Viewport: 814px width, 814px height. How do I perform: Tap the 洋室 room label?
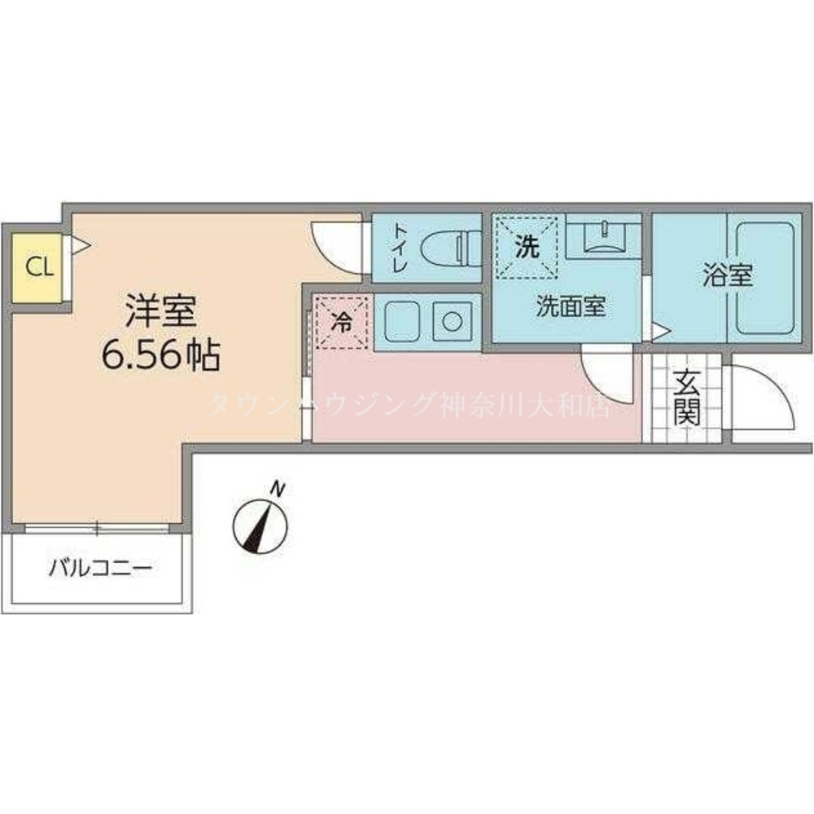[161, 311]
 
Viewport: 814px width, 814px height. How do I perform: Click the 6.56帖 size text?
[161, 355]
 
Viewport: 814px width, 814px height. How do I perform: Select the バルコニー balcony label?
[101, 568]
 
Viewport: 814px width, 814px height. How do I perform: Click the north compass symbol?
[260, 526]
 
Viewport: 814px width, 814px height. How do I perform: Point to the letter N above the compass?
[278, 489]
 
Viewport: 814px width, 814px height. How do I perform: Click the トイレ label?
[400, 247]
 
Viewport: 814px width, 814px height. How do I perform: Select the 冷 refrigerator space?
[342, 323]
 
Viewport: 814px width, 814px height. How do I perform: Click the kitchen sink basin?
[402, 322]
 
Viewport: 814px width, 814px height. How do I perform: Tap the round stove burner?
[453, 322]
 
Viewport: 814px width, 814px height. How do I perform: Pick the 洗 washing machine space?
[526, 248]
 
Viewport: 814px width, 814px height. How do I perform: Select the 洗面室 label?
[571, 306]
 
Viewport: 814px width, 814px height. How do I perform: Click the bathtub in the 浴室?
[765, 278]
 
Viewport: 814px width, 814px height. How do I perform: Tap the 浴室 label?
[728, 275]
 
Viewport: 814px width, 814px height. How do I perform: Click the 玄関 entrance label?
[687, 397]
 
